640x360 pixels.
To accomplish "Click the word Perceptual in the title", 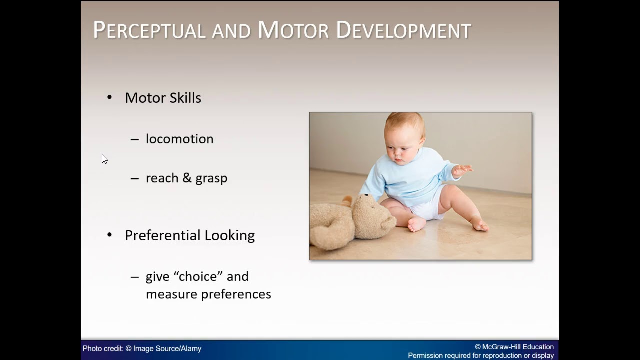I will click(149, 30).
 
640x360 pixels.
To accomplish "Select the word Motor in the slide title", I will click(293, 30).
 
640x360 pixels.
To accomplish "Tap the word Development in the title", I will click(403, 30).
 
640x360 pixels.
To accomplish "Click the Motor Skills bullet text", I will click(163, 98).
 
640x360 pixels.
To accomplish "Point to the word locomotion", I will click(179, 139).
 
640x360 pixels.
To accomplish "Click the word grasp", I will click(211, 179).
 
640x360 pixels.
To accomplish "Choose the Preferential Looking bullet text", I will click(189, 235).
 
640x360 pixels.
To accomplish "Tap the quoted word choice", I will click(197, 277).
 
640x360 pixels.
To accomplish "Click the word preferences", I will click(236, 294).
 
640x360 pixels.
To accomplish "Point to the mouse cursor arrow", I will click(104, 158).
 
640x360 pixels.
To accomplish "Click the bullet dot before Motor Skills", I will click(110, 97).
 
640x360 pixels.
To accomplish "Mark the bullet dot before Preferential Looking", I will click(110, 235).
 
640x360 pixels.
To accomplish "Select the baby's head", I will click(404, 137).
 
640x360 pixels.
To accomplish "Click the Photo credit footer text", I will click(142, 349).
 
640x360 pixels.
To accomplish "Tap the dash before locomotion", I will click(134, 139).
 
